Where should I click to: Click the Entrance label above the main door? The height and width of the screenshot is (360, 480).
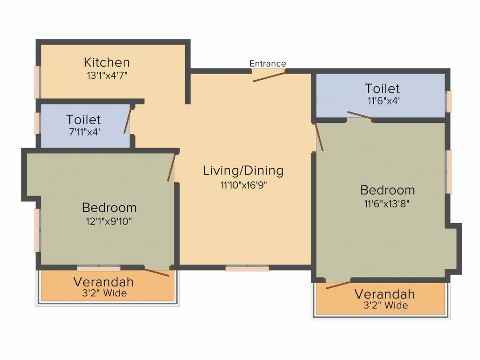click(268, 63)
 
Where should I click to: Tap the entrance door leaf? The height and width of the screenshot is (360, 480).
click(269, 77)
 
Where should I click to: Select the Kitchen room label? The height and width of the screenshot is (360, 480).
click(107, 62)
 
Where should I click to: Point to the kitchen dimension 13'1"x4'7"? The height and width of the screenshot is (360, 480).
click(107, 75)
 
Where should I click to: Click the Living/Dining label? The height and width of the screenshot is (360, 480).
click(243, 171)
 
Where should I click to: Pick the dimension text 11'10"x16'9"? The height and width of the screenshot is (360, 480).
click(244, 185)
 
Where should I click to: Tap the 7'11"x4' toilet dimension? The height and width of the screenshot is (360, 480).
click(85, 132)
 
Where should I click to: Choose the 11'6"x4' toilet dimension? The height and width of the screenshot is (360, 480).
click(383, 101)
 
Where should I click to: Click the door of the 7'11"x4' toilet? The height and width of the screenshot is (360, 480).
click(127, 120)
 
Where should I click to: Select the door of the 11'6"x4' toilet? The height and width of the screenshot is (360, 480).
click(360, 115)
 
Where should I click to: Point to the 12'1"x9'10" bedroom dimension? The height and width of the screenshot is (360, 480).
click(109, 221)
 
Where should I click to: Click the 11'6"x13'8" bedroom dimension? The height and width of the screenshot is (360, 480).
click(387, 203)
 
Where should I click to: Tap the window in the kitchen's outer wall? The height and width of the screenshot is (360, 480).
click(37, 82)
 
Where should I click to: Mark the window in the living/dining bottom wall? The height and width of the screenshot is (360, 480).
click(247, 268)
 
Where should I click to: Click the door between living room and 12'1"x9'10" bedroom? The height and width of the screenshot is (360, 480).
click(172, 167)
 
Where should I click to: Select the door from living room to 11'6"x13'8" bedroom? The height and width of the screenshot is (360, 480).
click(319, 137)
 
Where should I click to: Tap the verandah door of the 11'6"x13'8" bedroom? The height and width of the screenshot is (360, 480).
click(338, 284)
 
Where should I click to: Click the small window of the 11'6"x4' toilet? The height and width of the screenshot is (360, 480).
click(448, 101)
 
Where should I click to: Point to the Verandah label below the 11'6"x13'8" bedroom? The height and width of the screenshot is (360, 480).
click(385, 294)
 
